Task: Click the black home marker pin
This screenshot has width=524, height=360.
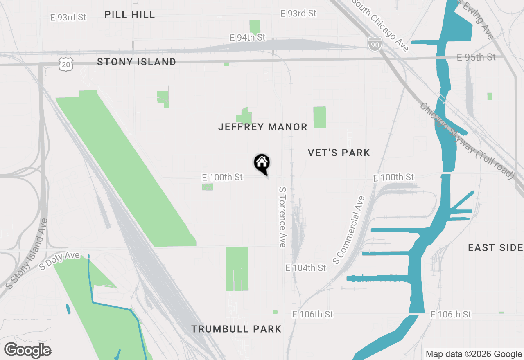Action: [x=262, y=164]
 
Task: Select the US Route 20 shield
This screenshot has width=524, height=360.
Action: [x=65, y=64]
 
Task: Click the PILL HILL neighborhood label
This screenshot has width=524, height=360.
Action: [x=130, y=15]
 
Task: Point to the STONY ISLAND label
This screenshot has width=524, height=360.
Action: [x=136, y=62]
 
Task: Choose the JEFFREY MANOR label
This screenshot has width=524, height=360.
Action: [x=262, y=127]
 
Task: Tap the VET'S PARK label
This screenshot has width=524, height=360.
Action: [x=339, y=153]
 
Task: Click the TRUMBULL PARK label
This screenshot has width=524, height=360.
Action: [x=236, y=329]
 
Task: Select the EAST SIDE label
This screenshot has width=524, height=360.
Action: [x=495, y=248]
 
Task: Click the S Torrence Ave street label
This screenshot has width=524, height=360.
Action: [x=282, y=217]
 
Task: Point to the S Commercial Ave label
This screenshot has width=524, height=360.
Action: [x=348, y=230]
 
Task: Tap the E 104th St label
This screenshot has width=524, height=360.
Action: [x=306, y=268]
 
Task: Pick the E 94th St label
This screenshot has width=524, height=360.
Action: [x=248, y=38]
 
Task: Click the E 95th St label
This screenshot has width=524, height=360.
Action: [x=476, y=57]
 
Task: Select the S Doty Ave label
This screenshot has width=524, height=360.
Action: [x=59, y=261]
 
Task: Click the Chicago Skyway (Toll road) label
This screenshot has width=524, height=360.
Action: [x=466, y=140]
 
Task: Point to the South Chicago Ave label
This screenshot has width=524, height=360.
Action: [x=380, y=25]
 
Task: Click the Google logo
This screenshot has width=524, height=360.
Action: [x=28, y=350]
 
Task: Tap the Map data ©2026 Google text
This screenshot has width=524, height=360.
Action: [x=474, y=354]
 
